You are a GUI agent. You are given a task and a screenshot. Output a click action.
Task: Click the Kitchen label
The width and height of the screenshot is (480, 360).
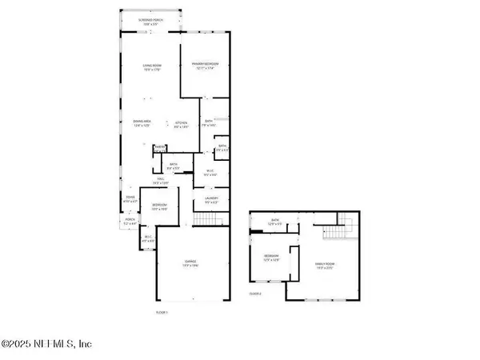[183, 123]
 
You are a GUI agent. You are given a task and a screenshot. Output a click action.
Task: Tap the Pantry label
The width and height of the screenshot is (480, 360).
[160, 146]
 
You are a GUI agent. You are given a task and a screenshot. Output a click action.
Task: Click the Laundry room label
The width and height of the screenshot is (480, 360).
[211, 200]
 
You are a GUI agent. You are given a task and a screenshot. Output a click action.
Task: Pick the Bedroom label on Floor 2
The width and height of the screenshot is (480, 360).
[271, 258]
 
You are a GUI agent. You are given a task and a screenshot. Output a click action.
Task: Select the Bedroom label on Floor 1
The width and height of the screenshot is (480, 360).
[160, 206]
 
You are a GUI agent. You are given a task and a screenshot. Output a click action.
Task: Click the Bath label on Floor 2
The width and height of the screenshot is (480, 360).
[274, 222]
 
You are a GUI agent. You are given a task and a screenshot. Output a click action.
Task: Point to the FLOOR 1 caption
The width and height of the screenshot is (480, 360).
[162, 312]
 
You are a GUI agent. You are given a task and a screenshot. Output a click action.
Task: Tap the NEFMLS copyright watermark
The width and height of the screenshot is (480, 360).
[47, 344]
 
